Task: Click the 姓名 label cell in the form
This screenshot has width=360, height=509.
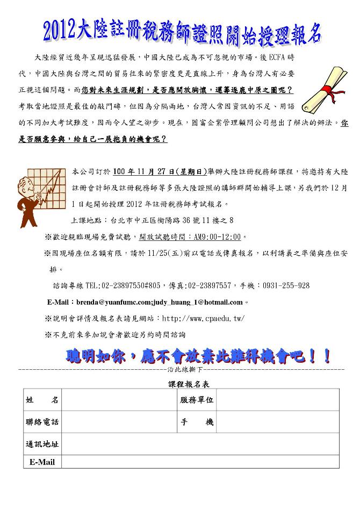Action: [42, 400]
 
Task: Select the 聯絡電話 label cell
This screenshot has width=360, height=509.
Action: [42, 422]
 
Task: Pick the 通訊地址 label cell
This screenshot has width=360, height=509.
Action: [42, 444]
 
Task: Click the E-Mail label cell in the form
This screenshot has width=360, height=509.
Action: [42, 462]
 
